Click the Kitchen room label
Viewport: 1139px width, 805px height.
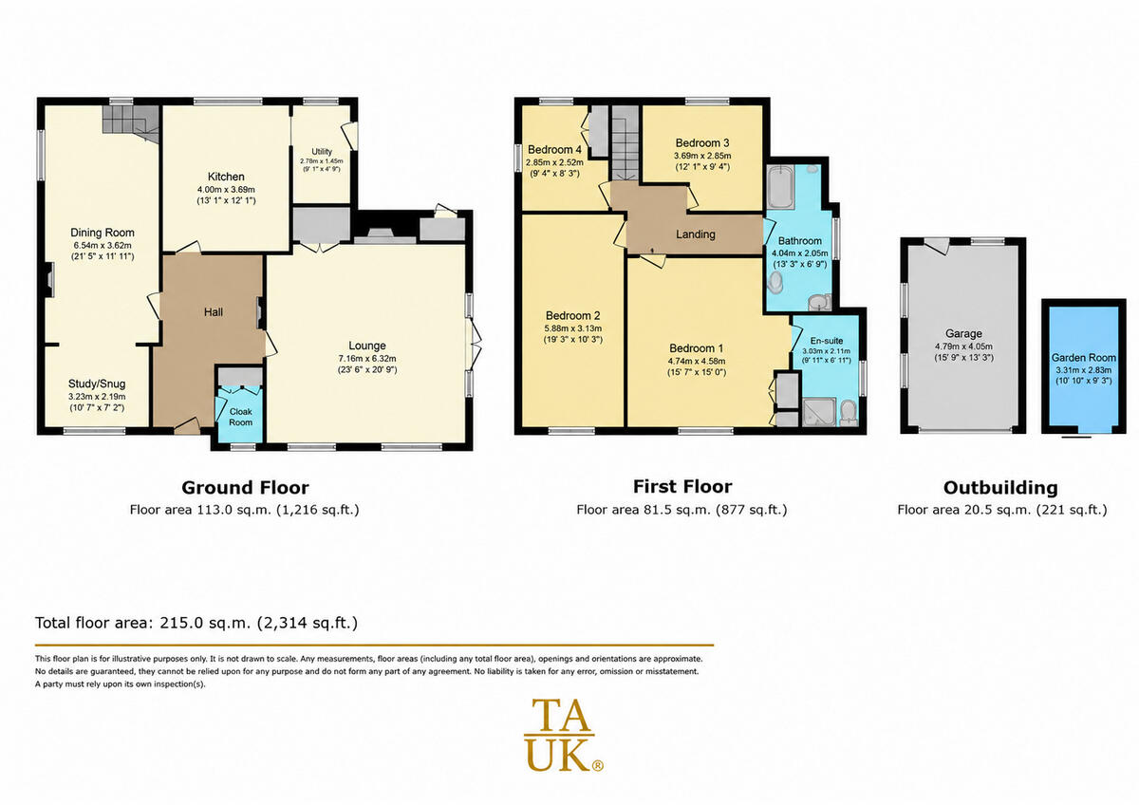pyautogui.click(x=226, y=177)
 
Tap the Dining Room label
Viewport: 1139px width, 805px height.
pyautogui.click(x=103, y=233)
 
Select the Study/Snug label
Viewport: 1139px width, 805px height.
pyautogui.click(x=97, y=384)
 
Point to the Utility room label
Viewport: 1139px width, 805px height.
pyautogui.click(x=322, y=152)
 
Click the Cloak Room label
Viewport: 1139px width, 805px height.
pyautogui.click(x=240, y=417)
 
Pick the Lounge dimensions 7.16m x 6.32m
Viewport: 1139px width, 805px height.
pyautogui.click(x=367, y=358)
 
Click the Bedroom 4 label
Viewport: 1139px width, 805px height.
pyautogui.click(x=554, y=149)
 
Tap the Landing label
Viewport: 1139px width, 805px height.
pyautogui.click(x=695, y=234)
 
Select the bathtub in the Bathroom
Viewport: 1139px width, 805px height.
pyautogui.click(x=780, y=186)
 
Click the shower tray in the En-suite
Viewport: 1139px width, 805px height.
pyautogui.click(x=819, y=412)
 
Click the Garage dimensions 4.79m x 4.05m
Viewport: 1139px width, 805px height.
pyautogui.click(x=963, y=346)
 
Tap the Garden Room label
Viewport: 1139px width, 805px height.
pyautogui.click(x=1084, y=358)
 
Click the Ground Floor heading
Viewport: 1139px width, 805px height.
pyautogui.click(x=245, y=488)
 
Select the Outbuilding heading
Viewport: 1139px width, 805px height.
pyautogui.click(x=1000, y=488)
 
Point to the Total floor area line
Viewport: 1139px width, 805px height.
pyautogui.click(x=196, y=623)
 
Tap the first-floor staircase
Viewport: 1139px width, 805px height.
pyautogui.click(x=626, y=143)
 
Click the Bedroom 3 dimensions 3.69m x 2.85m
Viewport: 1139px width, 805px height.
pyautogui.click(x=702, y=156)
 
